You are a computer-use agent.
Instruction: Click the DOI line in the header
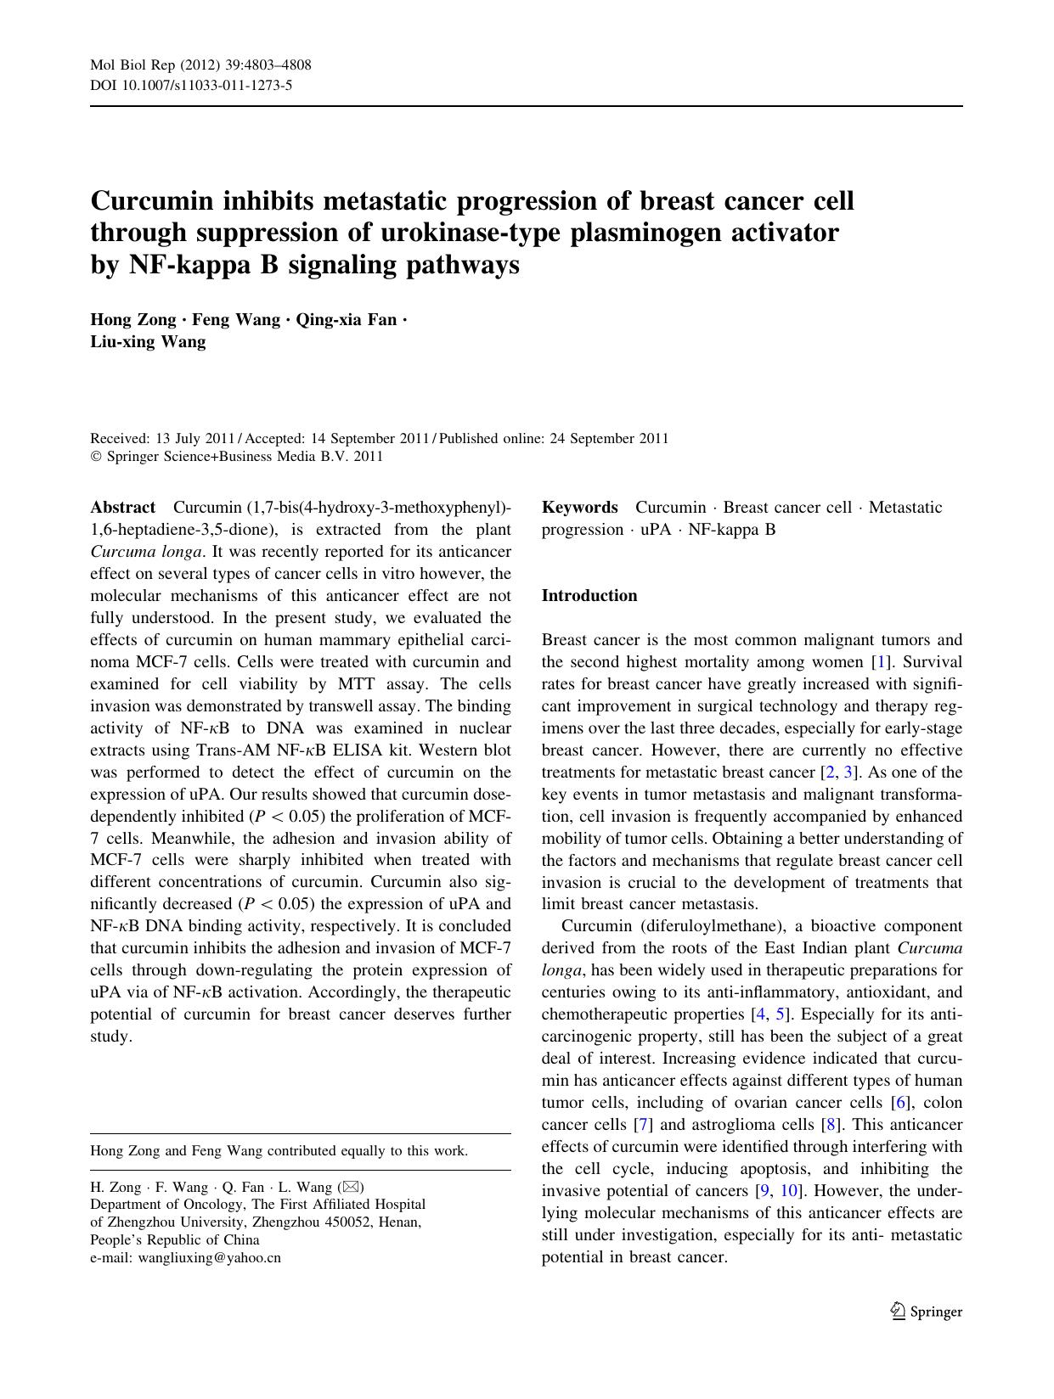tap(191, 85)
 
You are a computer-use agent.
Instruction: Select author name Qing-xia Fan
tap(346, 320)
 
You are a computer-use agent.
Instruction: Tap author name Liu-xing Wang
tap(148, 342)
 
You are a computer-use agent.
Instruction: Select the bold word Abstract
tap(122, 508)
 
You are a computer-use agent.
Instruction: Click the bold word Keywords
tap(579, 508)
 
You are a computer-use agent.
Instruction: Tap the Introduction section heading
tap(589, 596)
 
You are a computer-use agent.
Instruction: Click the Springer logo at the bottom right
tap(926, 1312)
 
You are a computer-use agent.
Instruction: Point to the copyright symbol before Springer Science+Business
tap(95, 457)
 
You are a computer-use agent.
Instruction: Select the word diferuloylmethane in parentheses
tap(701, 926)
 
